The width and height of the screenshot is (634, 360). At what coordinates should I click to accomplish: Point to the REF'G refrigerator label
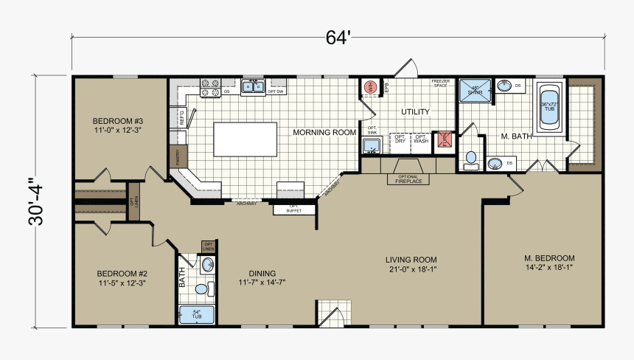pyautogui.click(x=181, y=117)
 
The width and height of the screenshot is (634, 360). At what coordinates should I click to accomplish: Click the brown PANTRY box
pyautogui.click(x=176, y=156)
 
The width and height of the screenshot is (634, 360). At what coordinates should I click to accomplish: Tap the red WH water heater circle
pyautogui.click(x=369, y=86)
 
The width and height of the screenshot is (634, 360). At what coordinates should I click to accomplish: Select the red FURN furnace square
pyautogui.click(x=444, y=139)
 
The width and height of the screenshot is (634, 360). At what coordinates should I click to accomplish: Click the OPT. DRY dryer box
pyautogui.click(x=400, y=139)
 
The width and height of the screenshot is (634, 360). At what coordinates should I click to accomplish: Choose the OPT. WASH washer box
pyautogui.click(x=420, y=139)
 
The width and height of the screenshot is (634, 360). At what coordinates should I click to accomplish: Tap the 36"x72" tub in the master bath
pyautogui.click(x=549, y=108)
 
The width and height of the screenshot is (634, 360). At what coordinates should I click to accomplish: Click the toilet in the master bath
pyautogui.click(x=470, y=158)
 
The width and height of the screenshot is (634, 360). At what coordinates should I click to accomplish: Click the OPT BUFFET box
pyautogui.click(x=293, y=210)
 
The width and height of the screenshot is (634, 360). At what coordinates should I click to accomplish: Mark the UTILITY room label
pyautogui.click(x=415, y=112)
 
